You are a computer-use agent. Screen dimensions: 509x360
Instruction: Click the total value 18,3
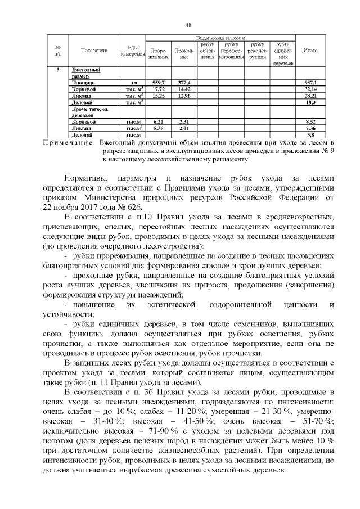pyautogui.click(x=310, y=102)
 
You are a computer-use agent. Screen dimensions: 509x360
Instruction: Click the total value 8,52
pyautogui.click(x=310, y=121)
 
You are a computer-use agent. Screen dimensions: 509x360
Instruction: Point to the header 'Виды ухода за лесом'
pyautogui.click(x=219, y=37)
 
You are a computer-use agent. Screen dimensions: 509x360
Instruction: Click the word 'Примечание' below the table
pyautogui.click(x=67, y=143)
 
